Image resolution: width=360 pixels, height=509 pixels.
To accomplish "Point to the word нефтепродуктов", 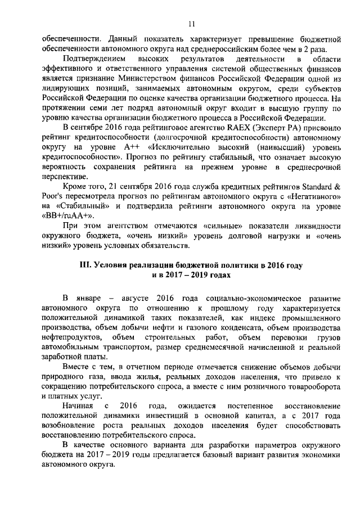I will point(73,337).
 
